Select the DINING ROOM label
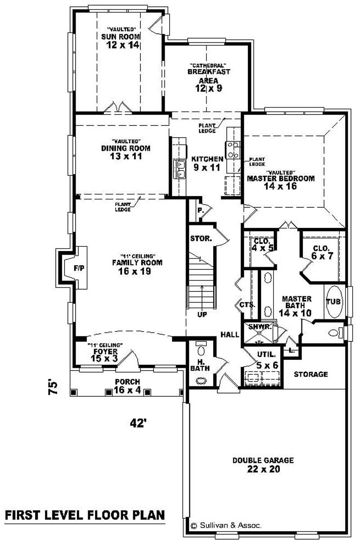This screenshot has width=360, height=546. (x=126, y=148)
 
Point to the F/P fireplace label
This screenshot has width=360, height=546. (x=79, y=268)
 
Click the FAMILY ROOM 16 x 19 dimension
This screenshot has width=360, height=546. (x=137, y=272)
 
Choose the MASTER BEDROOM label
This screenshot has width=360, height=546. (x=280, y=178)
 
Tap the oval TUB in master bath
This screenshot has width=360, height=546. (x=333, y=302)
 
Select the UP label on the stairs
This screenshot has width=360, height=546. (x=202, y=314)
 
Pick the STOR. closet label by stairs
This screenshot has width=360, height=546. (x=201, y=238)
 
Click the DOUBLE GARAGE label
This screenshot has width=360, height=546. (x=263, y=460)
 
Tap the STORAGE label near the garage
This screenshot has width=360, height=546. (x=311, y=374)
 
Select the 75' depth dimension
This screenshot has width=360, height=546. (x=53, y=388)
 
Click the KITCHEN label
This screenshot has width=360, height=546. (x=207, y=159)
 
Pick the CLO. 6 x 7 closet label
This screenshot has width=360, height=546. (x=321, y=252)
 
